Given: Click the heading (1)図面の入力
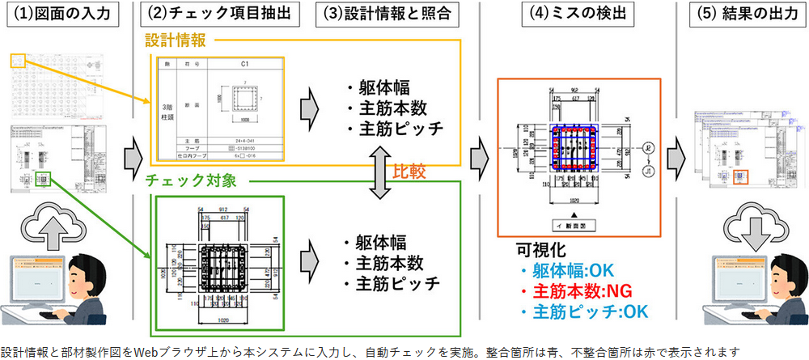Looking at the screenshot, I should pos(66,15).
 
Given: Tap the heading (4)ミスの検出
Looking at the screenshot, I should pos(579,15).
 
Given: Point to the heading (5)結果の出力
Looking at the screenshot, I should pos(740,15).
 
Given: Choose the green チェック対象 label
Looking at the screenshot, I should pos(191,180).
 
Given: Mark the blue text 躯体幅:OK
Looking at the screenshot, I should pos(569,270).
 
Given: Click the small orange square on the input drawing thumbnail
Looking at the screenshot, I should pos(19,59).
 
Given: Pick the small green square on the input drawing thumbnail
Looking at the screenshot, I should pos(46,179).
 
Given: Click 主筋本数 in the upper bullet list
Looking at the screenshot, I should pos(386,108).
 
